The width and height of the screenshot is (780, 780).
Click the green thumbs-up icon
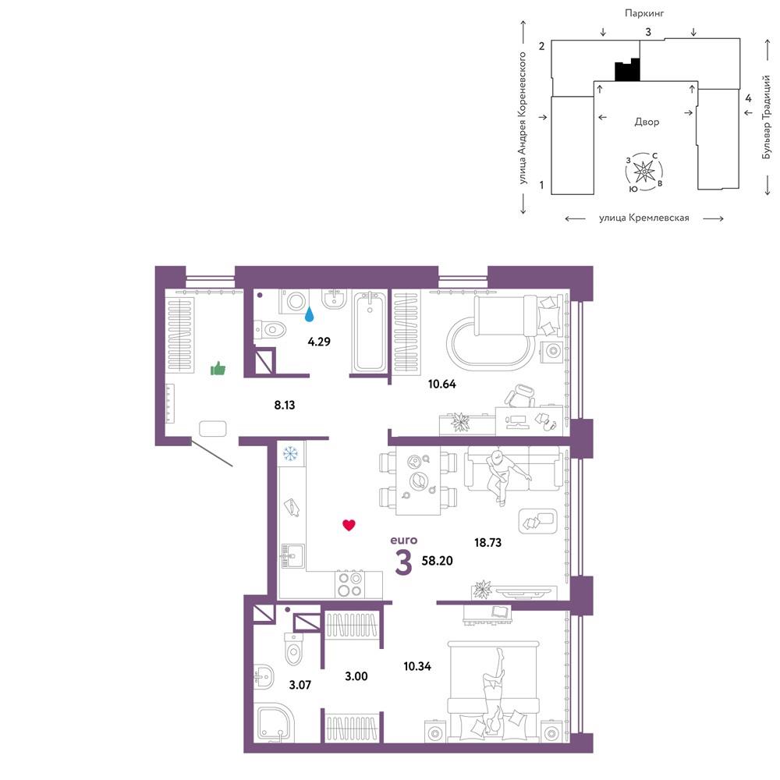218,369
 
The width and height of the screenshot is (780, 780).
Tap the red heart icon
349,525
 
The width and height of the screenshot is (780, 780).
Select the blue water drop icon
310,314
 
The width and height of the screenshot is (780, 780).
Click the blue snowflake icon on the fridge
290,454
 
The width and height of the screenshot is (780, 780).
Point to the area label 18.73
487,542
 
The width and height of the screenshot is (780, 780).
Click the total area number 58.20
438,561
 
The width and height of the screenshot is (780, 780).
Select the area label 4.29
319,342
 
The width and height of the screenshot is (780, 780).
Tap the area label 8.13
285,405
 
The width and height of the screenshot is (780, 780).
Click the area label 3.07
300,685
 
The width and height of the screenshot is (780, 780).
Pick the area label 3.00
356,676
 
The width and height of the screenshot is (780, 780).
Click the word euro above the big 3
404,541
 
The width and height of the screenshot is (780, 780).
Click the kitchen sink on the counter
292,555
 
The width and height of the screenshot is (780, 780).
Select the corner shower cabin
275,725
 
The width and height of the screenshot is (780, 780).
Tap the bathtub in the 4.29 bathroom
369,331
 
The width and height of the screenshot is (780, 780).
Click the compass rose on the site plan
644,172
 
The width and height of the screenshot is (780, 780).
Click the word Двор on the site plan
647,122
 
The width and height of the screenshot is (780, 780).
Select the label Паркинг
644,13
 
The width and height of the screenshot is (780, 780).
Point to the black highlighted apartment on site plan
627,69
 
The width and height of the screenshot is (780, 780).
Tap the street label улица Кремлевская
644,218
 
